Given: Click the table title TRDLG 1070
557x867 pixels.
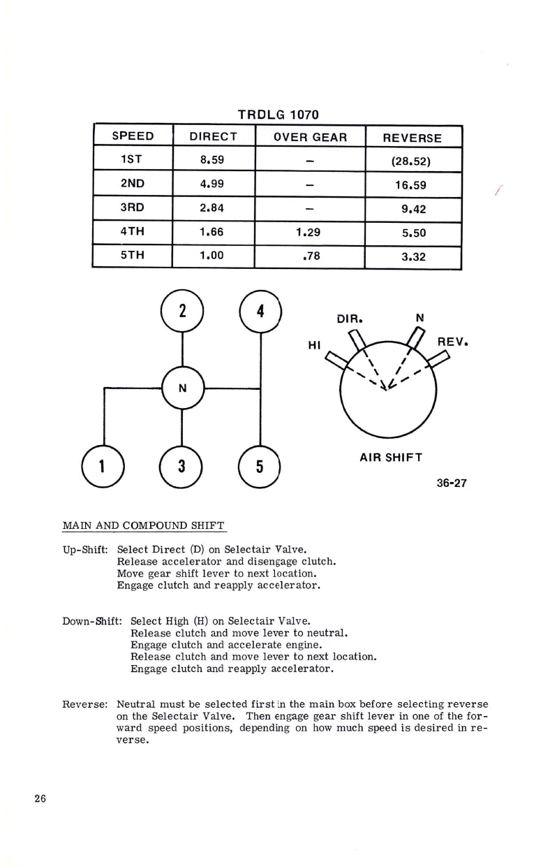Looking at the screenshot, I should click(278, 114).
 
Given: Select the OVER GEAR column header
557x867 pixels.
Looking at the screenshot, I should click(310, 137).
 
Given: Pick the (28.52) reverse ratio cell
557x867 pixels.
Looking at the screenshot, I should click(412, 161).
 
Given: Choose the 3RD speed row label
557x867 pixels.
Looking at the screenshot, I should click(132, 207).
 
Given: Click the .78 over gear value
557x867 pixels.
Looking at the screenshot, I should click(311, 256).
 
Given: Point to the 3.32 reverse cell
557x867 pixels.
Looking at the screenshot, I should click(413, 256).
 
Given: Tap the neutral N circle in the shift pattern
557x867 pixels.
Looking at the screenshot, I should click(182, 388).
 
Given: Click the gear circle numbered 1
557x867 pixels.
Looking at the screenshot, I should click(103, 467).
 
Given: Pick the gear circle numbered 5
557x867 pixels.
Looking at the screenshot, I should click(259, 467).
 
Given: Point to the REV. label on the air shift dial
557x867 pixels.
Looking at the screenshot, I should click(452, 343).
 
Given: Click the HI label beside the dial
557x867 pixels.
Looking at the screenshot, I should click(314, 345).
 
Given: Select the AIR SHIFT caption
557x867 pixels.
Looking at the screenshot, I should click(391, 458).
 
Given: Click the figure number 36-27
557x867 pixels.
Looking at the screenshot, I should click(452, 483).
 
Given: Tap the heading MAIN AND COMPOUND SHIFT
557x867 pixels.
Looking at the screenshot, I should click(144, 525).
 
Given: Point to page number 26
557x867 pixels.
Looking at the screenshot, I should click(39, 799).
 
